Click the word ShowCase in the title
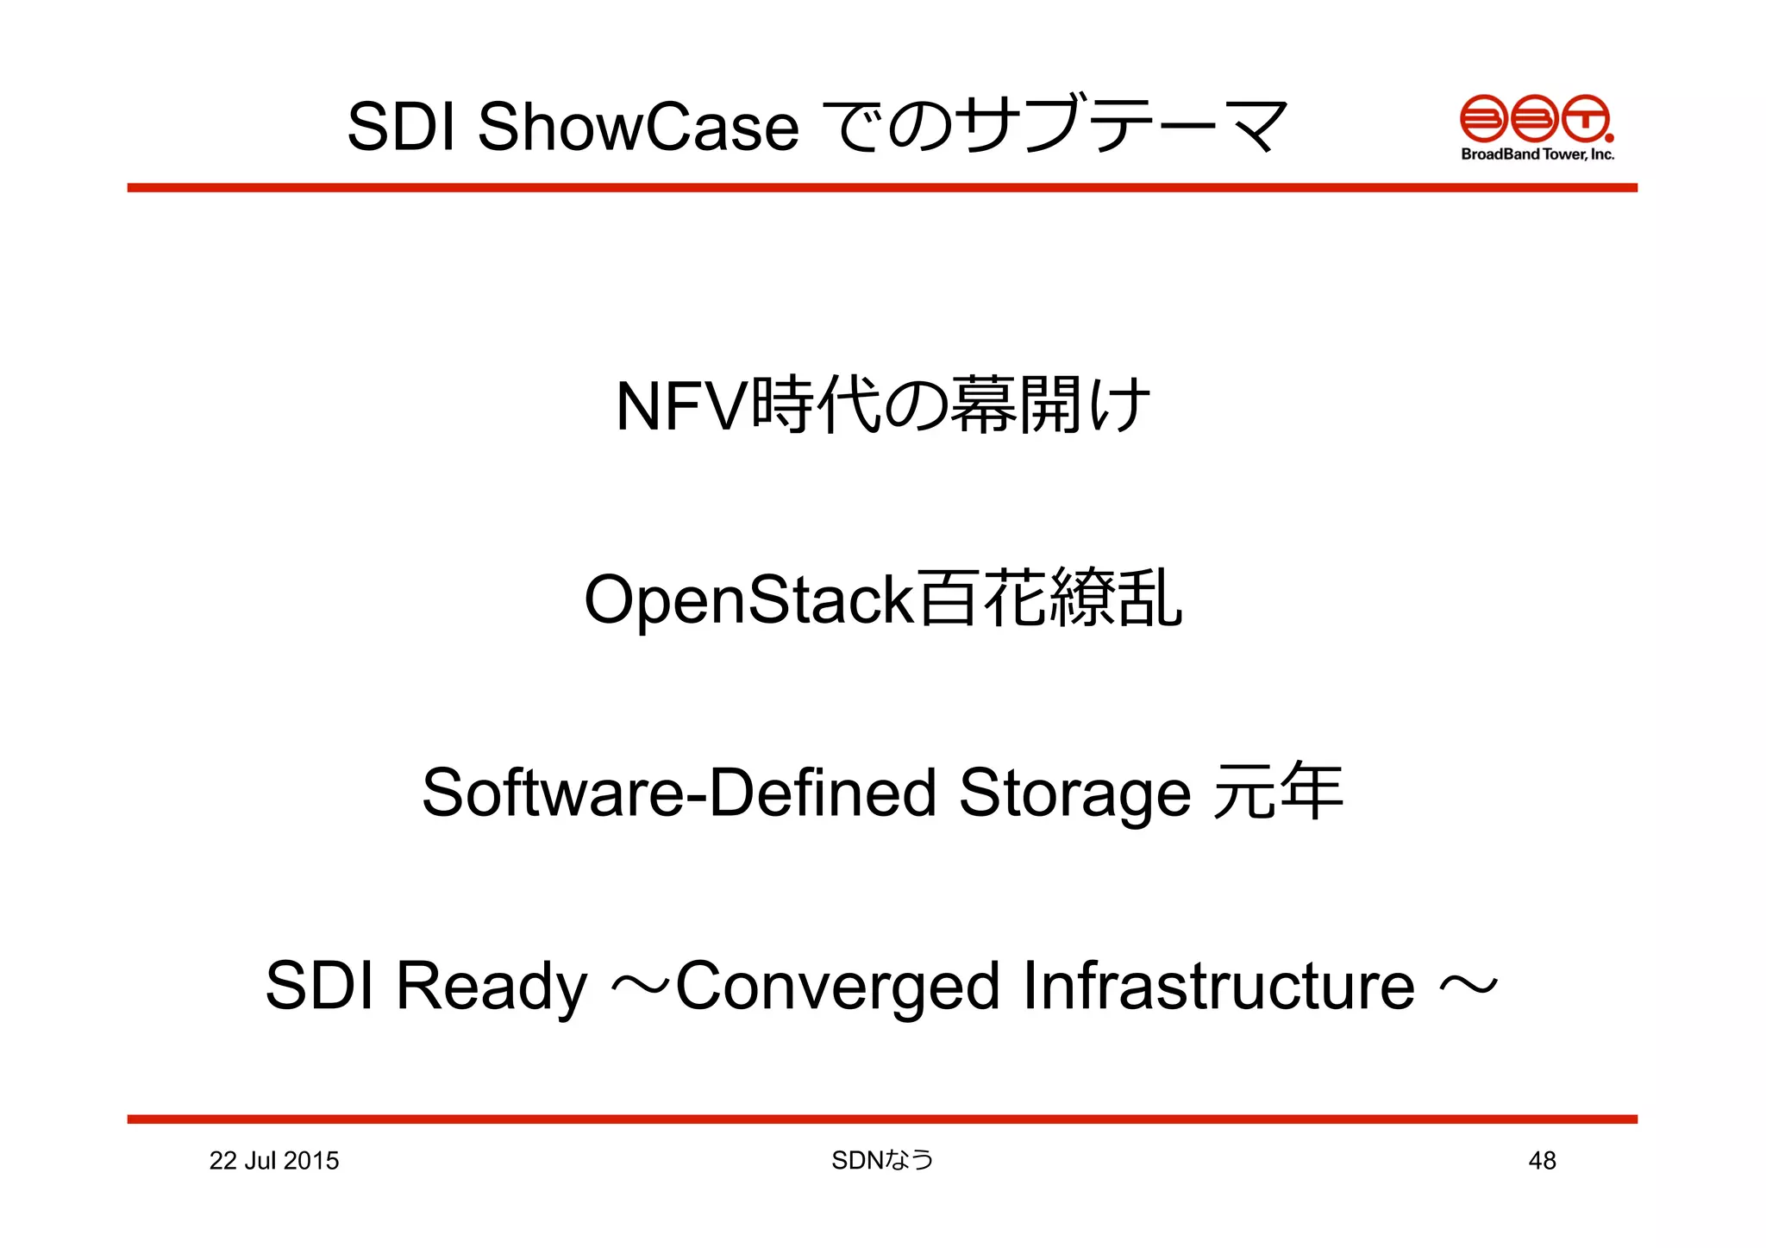point(637,127)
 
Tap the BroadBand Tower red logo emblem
point(1536,118)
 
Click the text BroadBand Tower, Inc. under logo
point(1537,154)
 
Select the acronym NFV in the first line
point(680,407)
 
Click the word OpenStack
point(748,600)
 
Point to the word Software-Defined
point(679,793)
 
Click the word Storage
point(1074,794)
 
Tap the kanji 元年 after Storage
point(1277,792)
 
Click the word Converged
point(837,987)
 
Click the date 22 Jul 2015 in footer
point(273,1161)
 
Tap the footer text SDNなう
point(882,1161)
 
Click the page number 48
point(1542,1161)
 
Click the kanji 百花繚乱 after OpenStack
point(1049,599)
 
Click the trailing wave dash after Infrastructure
point(1469,985)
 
